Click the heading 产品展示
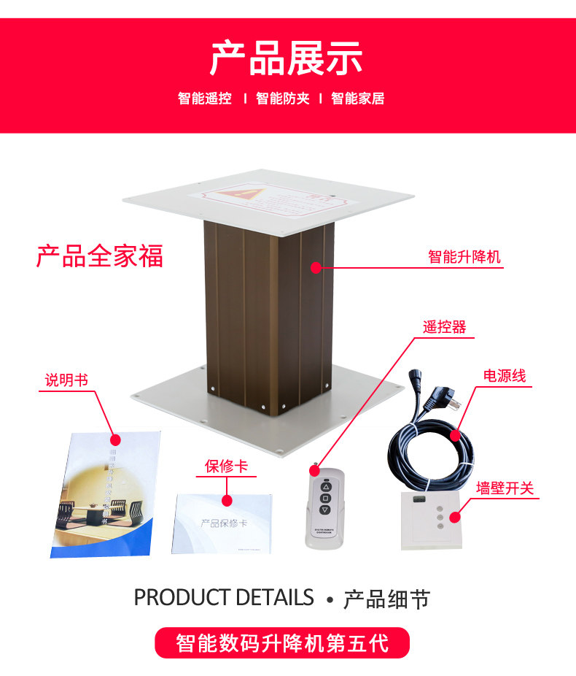click(287, 59)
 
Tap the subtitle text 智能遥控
click(205, 99)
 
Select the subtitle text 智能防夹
click(282, 99)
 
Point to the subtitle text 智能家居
click(358, 99)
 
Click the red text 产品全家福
click(100, 256)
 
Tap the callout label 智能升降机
click(464, 257)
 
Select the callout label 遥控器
click(444, 327)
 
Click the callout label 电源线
click(504, 376)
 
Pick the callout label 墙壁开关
click(505, 488)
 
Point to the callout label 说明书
click(66, 380)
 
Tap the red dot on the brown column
click(316, 268)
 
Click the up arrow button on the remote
click(325, 487)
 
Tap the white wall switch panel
click(430, 519)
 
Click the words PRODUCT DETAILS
click(224, 597)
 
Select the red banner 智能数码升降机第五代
click(282, 643)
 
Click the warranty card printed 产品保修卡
click(223, 523)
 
